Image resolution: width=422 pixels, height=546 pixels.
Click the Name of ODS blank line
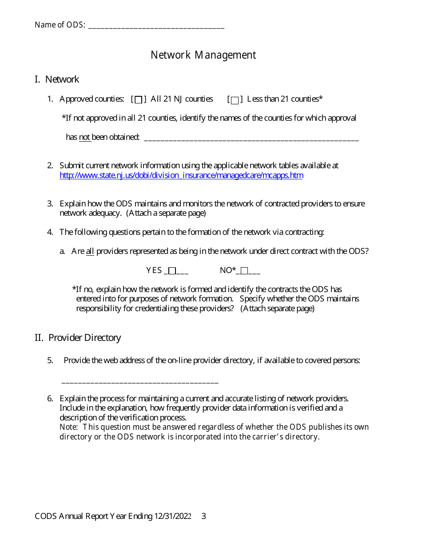pyautogui.click(x=156, y=26)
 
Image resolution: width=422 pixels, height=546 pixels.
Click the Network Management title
pyautogui.click(x=203, y=55)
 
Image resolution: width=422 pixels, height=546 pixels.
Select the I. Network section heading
pyautogui.click(x=57, y=79)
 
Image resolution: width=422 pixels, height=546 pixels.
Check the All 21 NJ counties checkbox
pyautogui.click(x=139, y=99)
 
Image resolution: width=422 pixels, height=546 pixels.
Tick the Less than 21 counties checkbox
pyautogui.click(x=235, y=99)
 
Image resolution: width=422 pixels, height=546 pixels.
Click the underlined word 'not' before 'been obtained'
pyautogui.click(x=85, y=137)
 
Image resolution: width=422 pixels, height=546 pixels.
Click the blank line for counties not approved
pyautogui.click(x=251, y=138)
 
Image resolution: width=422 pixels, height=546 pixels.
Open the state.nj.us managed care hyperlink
pyautogui.click(x=181, y=175)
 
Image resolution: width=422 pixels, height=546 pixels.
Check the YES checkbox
pyautogui.click(x=172, y=271)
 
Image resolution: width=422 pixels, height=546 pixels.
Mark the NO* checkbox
pyautogui.click(x=244, y=271)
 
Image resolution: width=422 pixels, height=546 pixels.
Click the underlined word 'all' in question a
pyautogui.click(x=90, y=251)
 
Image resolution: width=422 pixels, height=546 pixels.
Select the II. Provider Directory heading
pyautogui.click(x=78, y=338)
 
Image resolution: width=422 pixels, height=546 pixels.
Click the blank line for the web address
pyautogui.click(x=140, y=381)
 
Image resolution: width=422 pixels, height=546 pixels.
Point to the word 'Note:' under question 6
pyautogui.click(x=69, y=427)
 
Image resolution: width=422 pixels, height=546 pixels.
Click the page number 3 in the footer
pyautogui.click(x=203, y=516)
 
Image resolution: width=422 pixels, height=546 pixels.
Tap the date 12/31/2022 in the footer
pyautogui.click(x=173, y=516)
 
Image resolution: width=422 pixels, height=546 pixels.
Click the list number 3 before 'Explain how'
pyautogui.click(x=50, y=204)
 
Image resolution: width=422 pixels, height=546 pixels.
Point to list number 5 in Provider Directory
pyautogui.click(x=50, y=360)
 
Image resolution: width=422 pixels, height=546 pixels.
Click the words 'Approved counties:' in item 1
pyautogui.click(x=92, y=99)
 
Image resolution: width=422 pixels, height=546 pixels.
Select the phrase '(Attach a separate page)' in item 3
pyautogui.click(x=166, y=213)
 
